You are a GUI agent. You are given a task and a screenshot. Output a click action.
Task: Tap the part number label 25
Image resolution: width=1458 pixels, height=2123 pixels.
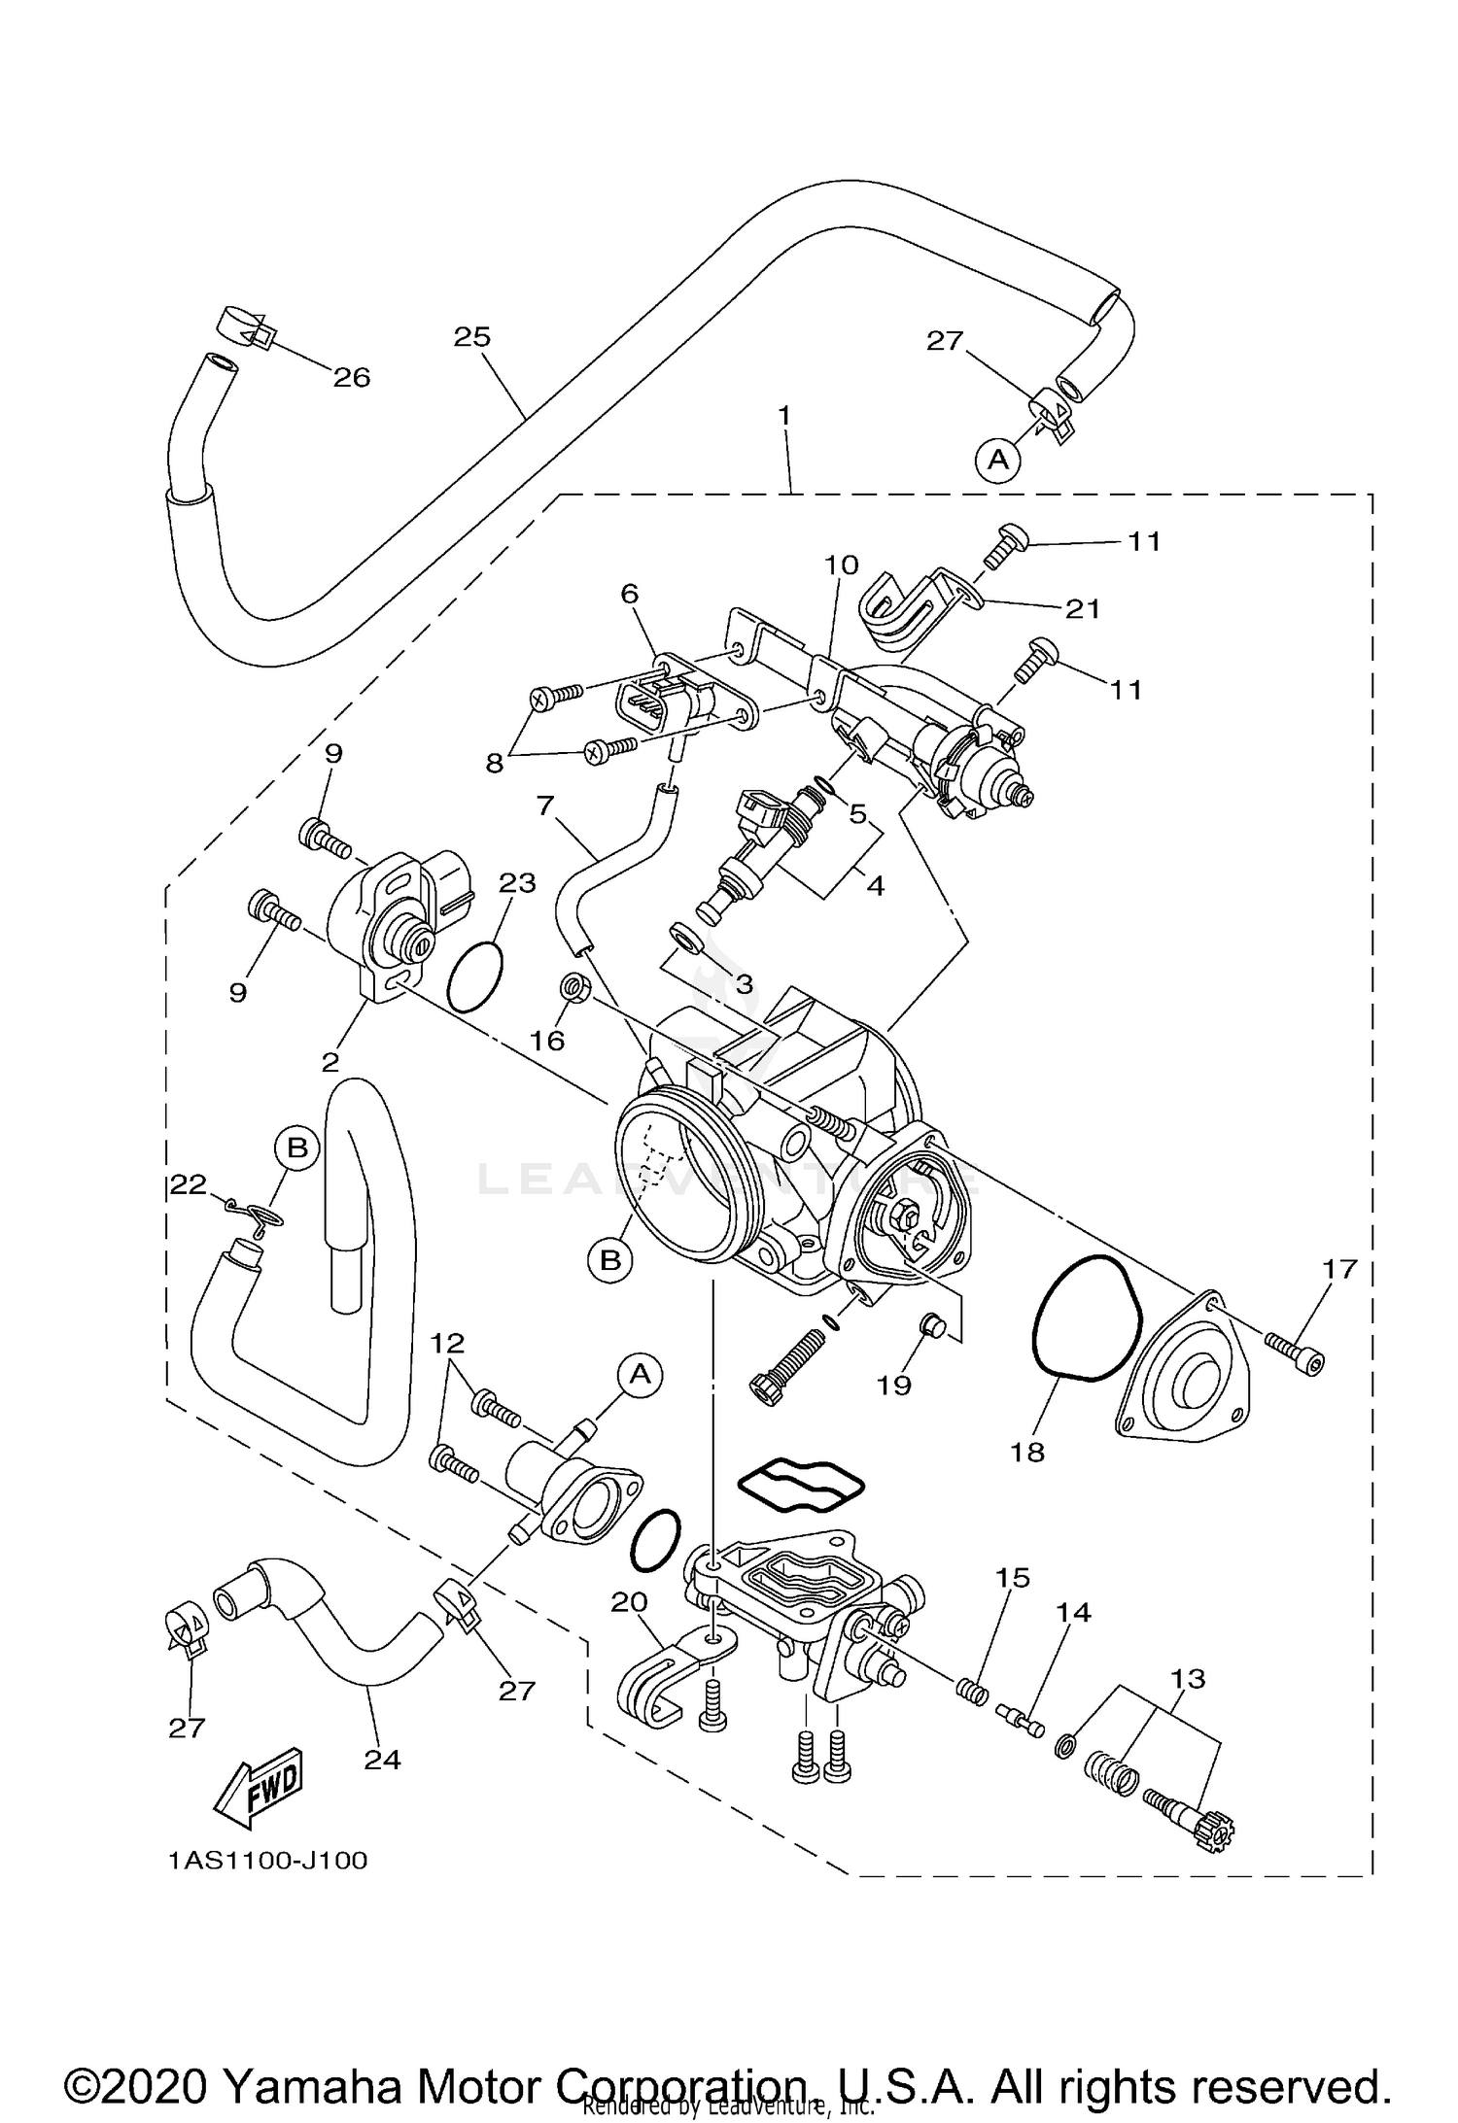(x=472, y=337)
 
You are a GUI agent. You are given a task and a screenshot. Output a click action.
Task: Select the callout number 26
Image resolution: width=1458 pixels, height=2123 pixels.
(x=352, y=378)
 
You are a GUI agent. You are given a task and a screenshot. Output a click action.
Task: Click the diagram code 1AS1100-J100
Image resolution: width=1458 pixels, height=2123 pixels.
(x=267, y=1861)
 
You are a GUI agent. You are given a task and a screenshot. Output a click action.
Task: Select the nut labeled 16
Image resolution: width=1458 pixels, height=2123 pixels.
(x=573, y=989)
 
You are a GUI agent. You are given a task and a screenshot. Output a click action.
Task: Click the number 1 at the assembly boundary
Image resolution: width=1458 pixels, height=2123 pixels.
(x=783, y=415)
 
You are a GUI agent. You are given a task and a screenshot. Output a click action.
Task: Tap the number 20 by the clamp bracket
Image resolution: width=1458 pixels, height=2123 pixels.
(x=629, y=1602)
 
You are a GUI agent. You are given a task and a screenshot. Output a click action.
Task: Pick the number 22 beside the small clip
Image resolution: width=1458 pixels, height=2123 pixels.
(x=189, y=1183)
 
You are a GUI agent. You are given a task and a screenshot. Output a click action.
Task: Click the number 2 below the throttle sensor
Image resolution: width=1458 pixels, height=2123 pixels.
(x=330, y=1062)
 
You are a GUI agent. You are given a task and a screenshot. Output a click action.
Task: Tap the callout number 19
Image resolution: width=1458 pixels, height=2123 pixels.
(x=893, y=1385)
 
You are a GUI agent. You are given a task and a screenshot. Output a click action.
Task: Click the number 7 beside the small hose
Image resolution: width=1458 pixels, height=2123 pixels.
(x=545, y=805)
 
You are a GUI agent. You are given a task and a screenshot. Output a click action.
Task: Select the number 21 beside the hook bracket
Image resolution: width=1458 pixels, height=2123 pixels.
(x=1082, y=609)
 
